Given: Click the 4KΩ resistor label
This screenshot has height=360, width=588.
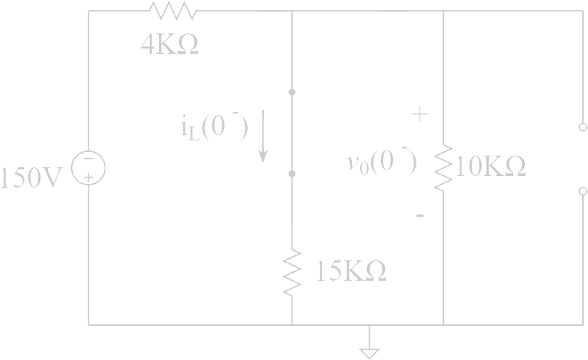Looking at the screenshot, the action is tap(169, 45).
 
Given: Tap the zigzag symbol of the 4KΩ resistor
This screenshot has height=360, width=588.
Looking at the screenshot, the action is tap(173, 10).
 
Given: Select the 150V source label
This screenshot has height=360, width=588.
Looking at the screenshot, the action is tap(31, 177).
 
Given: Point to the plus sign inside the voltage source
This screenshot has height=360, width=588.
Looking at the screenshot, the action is tap(89, 177).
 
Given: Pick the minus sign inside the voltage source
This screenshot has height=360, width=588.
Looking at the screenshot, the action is tap(89, 159).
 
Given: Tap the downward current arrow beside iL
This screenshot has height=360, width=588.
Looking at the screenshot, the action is tap(263, 136).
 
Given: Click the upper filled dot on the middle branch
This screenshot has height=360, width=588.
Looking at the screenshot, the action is tap(291, 92).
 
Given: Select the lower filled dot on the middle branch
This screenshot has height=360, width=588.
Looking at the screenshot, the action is tap(291, 174).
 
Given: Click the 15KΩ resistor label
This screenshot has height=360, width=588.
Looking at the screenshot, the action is tap(351, 271).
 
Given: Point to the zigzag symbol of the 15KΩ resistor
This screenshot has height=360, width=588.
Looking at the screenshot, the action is tap(291, 273).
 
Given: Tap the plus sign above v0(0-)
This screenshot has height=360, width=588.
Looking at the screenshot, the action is tap(420, 113).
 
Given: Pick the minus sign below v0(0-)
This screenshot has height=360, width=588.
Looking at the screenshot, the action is tap(420, 215).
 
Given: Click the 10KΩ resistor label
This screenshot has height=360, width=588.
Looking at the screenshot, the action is tap(491, 167).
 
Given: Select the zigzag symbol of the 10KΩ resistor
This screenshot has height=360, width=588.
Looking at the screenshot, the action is tap(443, 168).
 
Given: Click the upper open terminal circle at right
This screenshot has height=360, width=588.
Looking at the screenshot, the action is tap(583, 127).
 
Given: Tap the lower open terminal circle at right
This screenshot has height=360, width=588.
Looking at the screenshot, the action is tap(583, 191).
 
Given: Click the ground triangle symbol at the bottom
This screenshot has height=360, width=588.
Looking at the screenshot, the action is tap(369, 353).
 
